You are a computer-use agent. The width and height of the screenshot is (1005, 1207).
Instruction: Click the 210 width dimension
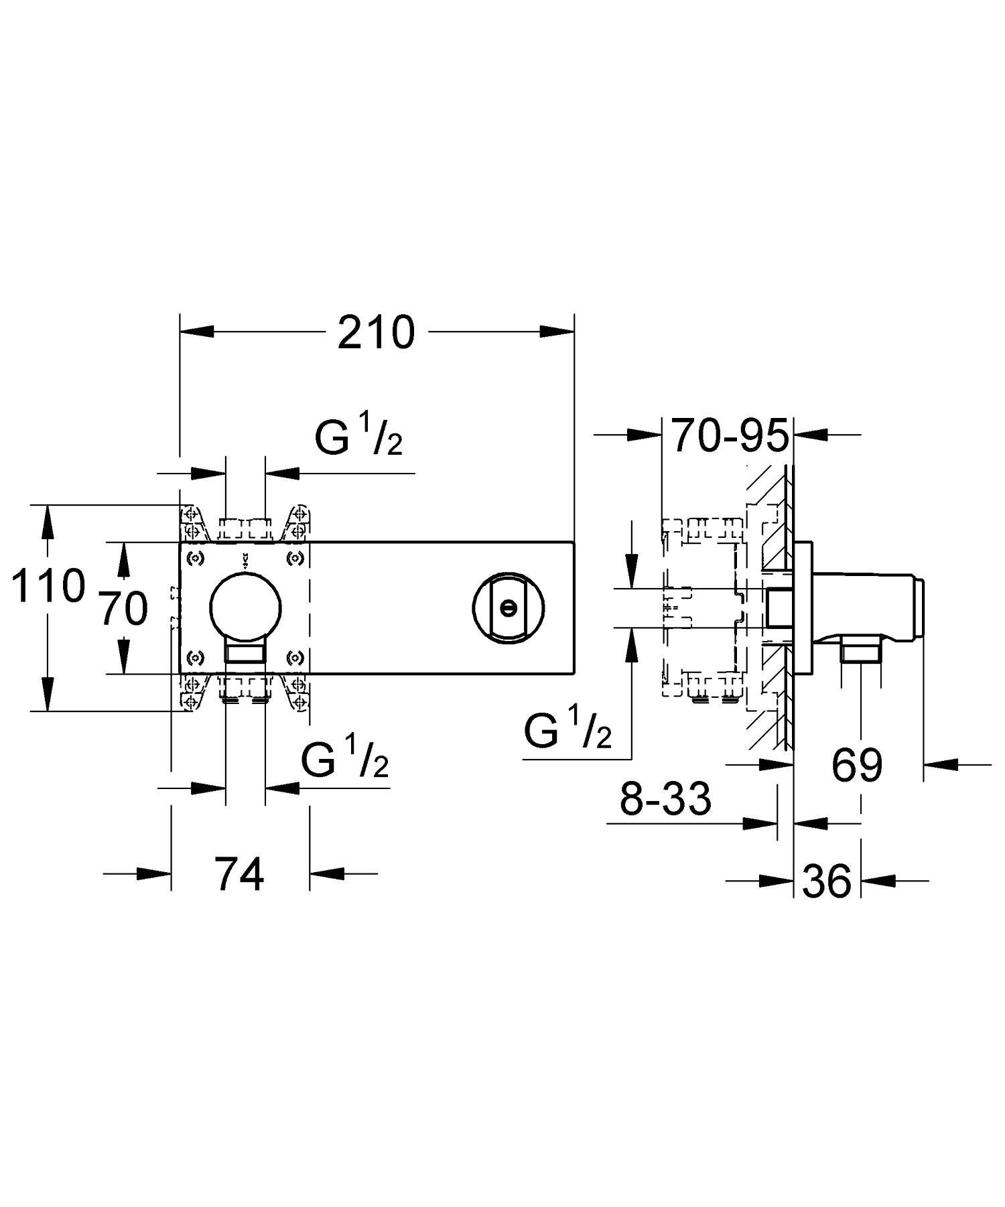[376, 333]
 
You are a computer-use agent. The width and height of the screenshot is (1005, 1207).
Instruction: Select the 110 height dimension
[48, 585]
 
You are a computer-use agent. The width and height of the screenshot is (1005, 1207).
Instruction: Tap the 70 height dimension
[123, 609]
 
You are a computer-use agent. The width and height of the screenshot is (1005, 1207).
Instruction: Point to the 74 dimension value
[240, 873]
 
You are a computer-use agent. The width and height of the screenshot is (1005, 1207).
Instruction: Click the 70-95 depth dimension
[729, 436]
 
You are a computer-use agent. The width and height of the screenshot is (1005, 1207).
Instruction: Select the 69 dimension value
[857, 764]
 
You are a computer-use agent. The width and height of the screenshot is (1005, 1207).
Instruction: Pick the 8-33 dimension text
[665, 798]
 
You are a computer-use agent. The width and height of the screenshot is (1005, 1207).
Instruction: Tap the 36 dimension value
[827, 881]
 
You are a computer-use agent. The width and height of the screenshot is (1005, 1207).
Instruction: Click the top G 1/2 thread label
[359, 436]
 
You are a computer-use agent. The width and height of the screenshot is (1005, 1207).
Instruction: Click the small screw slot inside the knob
[509, 608]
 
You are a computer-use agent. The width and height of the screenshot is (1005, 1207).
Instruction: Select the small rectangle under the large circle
[245, 652]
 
